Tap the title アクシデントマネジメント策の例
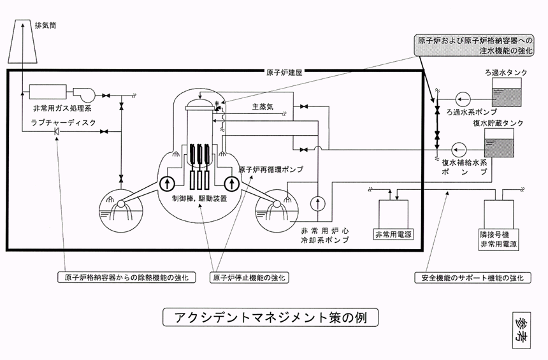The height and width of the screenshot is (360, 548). point(271,317)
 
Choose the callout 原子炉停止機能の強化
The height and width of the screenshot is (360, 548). point(250,278)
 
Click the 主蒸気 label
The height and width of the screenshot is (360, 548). point(262,107)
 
